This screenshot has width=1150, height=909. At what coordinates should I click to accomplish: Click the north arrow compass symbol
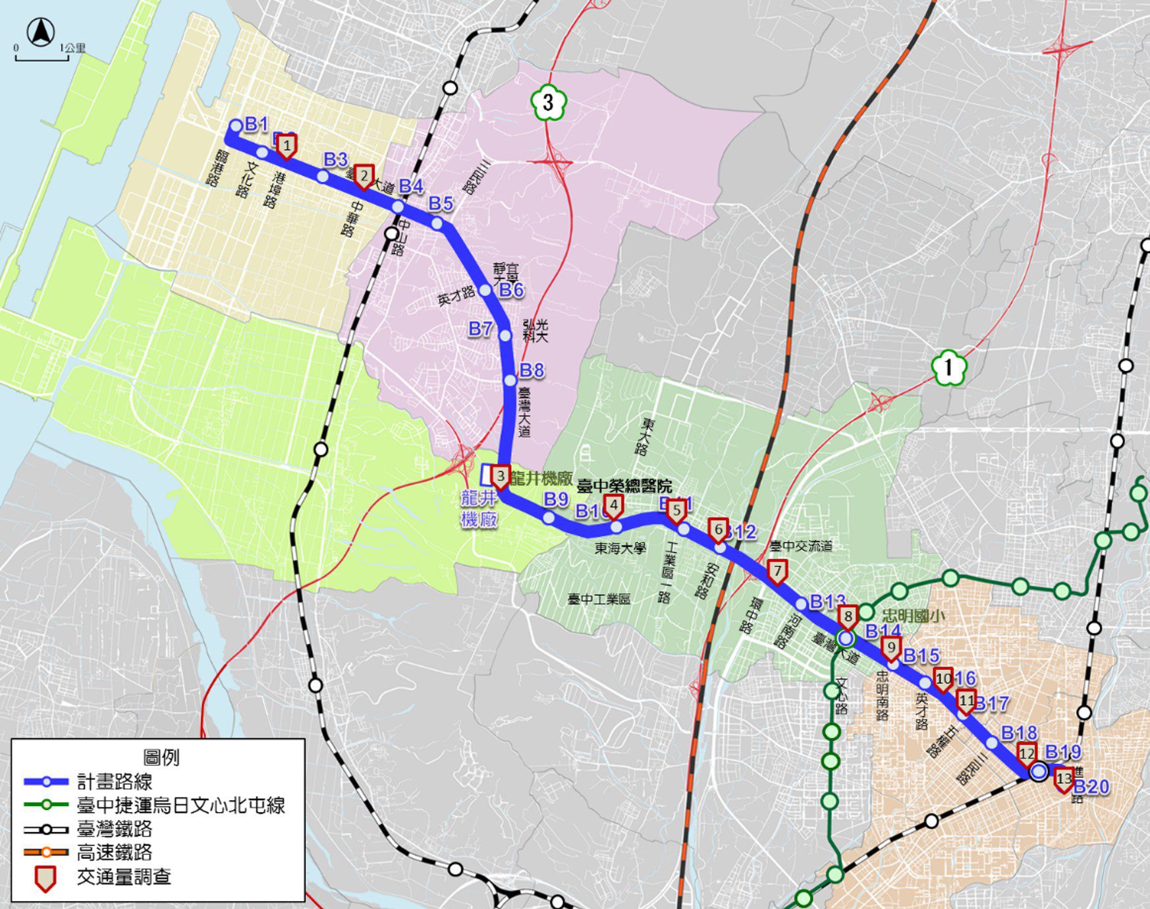[41, 32]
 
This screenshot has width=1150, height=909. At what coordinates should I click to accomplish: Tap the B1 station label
[256, 124]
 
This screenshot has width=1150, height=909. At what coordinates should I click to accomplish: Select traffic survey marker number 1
[286, 145]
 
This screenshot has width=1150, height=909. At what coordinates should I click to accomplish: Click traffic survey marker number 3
[501, 476]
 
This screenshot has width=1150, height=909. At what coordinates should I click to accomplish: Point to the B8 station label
[532, 370]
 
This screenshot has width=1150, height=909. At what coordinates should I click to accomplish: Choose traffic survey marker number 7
[777, 571]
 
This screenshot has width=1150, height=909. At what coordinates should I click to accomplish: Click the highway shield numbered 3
[549, 103]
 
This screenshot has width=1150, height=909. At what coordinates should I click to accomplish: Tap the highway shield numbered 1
[948, 367]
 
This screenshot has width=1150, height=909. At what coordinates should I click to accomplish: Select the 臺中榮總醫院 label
[624, 487]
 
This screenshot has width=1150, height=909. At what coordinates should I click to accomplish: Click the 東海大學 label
[620, 548]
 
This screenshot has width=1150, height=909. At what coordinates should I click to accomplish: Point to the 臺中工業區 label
[599, 599]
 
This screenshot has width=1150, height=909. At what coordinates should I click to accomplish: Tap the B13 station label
[827, 602]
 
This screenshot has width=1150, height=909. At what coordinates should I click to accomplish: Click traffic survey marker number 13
[1064, 779]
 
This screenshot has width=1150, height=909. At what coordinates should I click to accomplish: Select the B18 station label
[1018, 733]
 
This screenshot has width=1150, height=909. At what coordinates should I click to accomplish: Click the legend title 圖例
[161, 757]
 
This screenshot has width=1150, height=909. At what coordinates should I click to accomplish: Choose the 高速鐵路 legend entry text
[115, 852]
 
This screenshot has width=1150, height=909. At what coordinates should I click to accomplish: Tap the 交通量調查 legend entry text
[124, 877]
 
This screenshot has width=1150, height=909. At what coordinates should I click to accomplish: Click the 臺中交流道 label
[801, 546]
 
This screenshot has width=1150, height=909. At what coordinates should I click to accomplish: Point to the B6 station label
[511, 290]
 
